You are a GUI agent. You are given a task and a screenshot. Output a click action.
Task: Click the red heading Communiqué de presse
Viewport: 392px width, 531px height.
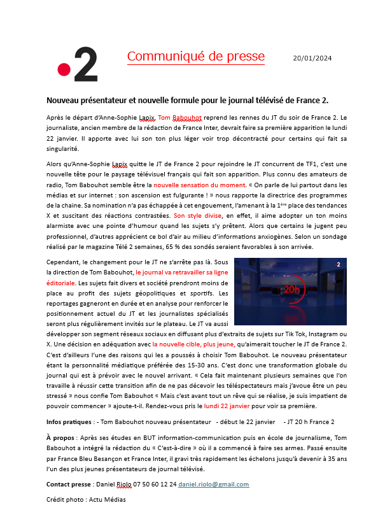(x=195, y=56)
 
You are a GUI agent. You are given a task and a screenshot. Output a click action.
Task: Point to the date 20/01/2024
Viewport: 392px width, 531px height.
(x=312, y=58)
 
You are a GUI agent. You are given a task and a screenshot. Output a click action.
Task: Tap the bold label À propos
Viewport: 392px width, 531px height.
(x=58, y=439)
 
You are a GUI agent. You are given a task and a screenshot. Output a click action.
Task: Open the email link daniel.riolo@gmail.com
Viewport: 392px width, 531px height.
(x=213, y=484)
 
